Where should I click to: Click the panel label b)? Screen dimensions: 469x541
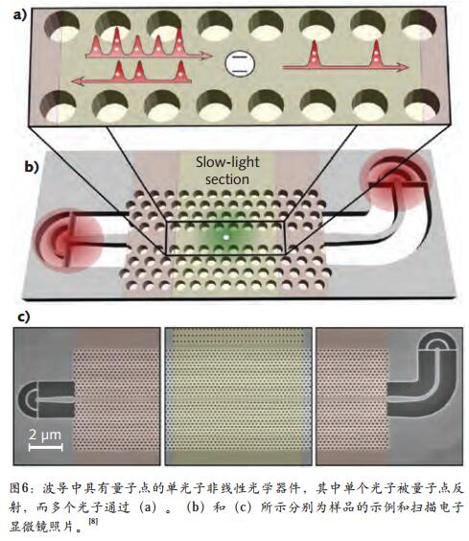coord(32,167)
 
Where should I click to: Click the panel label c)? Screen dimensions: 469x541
coord(23,317)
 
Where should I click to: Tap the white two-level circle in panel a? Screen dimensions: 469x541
coord(240,63)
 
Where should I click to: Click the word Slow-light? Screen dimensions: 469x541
coord(227,162)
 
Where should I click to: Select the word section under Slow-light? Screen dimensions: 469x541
coord(227,179)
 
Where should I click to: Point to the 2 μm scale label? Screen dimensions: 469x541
coord(45,435)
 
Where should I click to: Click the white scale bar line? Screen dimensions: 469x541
coord(45,447)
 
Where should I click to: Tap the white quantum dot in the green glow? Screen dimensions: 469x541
coord(225,237)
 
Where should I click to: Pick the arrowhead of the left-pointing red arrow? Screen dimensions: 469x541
coord(77,82)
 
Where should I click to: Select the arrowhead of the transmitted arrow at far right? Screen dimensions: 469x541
coord(403,67)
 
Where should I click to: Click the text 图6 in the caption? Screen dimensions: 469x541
coord(19,488)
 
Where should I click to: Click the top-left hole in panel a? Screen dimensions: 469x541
coord(62,27)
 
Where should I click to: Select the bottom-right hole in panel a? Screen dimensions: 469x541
coord(422,105)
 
